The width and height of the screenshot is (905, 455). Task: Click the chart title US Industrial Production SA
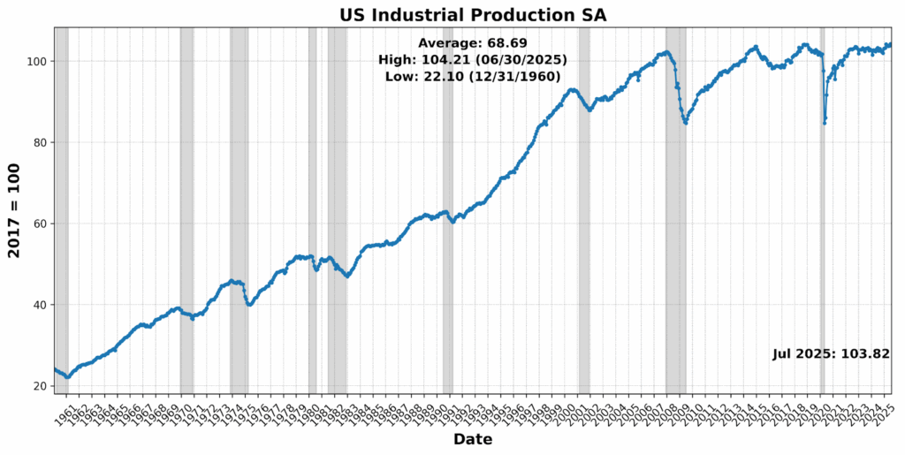(473, 14)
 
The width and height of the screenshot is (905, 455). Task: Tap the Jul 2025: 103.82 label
(831, 353)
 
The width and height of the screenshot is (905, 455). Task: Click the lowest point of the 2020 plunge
(824, 122)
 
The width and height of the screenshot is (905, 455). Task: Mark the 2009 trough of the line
(685, 122)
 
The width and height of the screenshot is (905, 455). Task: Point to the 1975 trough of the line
(249, 305)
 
